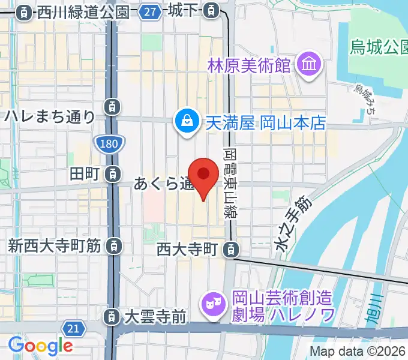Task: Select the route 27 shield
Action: point(151,11)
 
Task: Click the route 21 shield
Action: point(73,328)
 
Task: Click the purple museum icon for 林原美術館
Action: point(310,64)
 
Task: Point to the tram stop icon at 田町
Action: point(112,175)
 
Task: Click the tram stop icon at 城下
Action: point(211,10)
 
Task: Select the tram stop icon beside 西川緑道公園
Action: point(25,11)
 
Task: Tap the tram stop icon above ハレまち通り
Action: point(112,106)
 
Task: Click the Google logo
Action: point(40,345)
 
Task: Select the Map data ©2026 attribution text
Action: point(358,352)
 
